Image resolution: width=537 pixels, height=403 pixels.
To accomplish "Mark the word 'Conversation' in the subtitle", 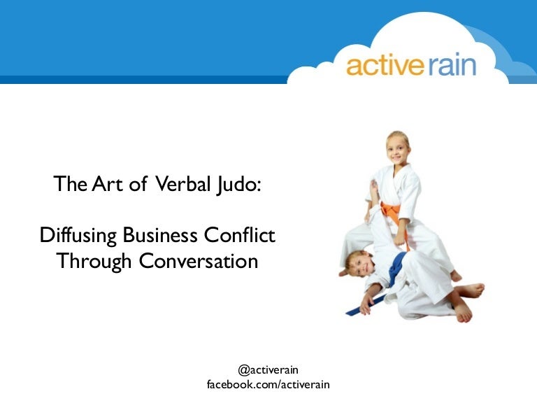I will [x=199, y=261].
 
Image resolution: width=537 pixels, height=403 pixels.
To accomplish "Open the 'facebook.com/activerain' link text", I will [x=268, y=385].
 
